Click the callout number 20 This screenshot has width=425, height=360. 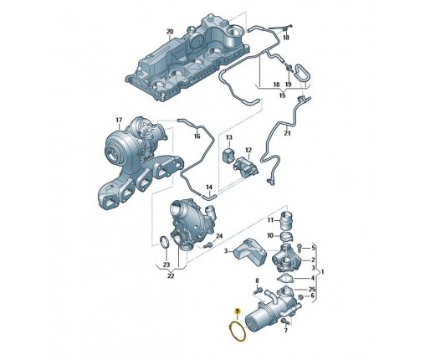170,31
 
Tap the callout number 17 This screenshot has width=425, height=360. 119,120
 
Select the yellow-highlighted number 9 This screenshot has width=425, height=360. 238,311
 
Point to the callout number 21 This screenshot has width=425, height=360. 287,133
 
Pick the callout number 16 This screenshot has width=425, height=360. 197,136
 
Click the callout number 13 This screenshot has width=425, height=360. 228,137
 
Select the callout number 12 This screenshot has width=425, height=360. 248,150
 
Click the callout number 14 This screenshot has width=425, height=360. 209,187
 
